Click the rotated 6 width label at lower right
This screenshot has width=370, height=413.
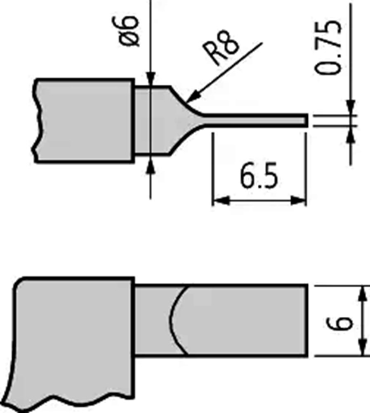click(x=339, y=323)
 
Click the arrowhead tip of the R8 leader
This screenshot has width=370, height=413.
click(x=186, y=102)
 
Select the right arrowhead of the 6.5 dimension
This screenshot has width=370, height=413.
click(x=298, y=201)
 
